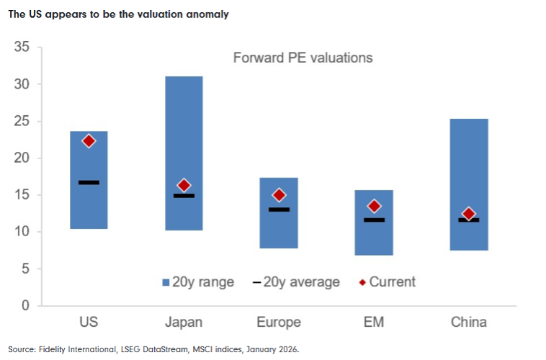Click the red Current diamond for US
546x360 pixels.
pyautogui.click(x=89, y=141)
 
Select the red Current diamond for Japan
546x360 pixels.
pyautogui.click(x=184, y=186)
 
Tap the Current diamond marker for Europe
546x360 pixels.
pyautogui.click(x=279, y=195)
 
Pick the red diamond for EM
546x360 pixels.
pyautogui.click(x=374, y=207)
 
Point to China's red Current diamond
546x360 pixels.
pyautogui.click(x=469, y=215)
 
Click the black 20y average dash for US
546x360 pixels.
pyautogui.click(x=89, y=182)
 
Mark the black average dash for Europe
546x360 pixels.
pyautogui.click(x=279, y=210)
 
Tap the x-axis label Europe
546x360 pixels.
pyautogui.click(x=279, y=322)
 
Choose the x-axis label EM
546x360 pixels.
pyautogui.click(x=374, y=322)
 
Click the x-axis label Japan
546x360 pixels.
pyautogui.click(x=184, y=322)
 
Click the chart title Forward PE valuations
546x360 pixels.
pyautogui.click(x=303, y=58)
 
